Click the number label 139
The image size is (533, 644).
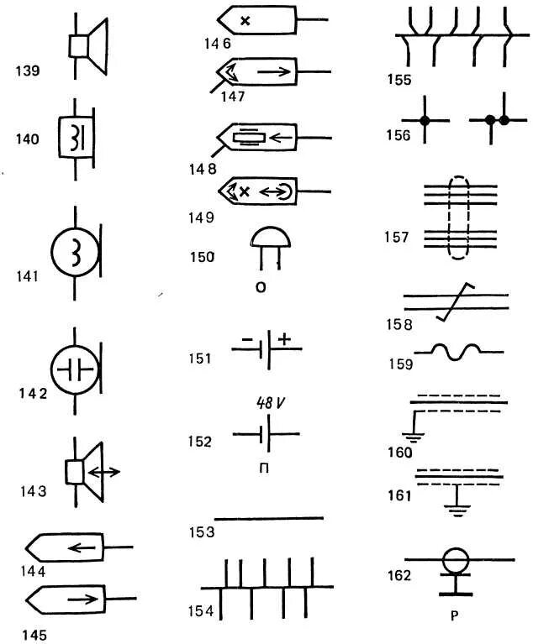(x=28, y=71)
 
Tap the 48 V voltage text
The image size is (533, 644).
(x=270, y=403)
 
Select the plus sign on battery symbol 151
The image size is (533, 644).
(x=284, y=339)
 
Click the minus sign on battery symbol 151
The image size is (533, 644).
(x=247, y=340)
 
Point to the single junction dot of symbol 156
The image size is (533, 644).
(x=425, y=121)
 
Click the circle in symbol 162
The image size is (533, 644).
(x=456, y=560)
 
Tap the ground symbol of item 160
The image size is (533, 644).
(x=413, y=437)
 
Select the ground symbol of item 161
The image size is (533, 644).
(x=457, y=511)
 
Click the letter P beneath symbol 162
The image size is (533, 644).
(x=455, y=615)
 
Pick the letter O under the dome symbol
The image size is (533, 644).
(x=261, y=287)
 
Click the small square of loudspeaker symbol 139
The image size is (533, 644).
(x=78, y=46)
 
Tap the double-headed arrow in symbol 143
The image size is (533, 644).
(x=103, y=472)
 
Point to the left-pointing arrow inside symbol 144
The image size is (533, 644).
(x=82, y=547)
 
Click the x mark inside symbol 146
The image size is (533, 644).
(x=245, y=20)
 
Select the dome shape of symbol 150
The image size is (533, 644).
(x=270, y=238)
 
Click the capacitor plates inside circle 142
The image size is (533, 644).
(x=76, y=369)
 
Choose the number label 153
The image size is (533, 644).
(x=202, y=532)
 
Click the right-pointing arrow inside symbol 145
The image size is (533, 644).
(x=83, y=599)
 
